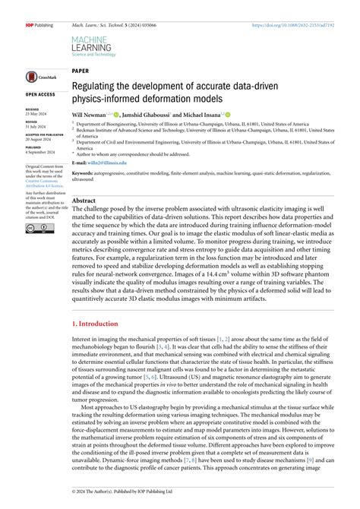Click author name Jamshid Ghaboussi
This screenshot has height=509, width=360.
pos(160,112)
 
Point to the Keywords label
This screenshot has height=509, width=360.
pos(84,173)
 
